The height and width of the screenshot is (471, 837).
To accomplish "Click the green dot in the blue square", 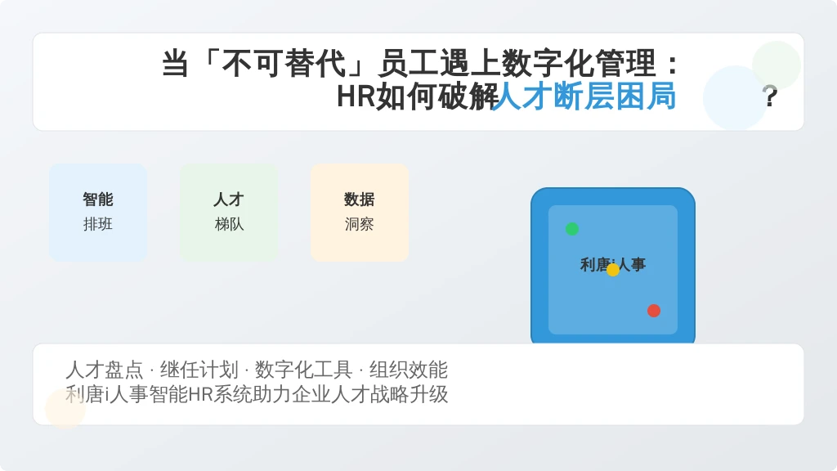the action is (571, 229).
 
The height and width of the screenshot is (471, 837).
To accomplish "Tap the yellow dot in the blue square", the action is (613, 270).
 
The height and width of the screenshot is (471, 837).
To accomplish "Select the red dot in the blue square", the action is (654, 311).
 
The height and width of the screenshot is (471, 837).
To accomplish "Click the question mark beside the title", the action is (770, 96).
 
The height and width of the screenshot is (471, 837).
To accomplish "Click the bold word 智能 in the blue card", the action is (98, 200).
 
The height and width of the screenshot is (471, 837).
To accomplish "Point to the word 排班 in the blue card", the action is (98, 224).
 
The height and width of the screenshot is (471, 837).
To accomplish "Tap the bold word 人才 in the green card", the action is (229, 200).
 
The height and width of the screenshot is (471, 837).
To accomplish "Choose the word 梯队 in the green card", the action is (229, 224).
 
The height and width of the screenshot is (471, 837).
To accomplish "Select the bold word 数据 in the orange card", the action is (360, 200).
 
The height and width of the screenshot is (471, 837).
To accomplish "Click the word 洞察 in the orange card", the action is (360, 224).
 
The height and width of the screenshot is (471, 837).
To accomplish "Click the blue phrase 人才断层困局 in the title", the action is (584, 96).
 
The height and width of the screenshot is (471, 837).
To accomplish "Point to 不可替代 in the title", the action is (284, 63).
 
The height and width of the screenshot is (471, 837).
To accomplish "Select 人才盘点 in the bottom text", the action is (105, 370).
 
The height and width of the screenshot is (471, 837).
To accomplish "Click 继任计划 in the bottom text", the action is (199, 370).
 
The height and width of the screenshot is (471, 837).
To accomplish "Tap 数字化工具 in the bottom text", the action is (303, 370).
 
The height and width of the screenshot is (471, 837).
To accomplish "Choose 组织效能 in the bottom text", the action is (409, 370).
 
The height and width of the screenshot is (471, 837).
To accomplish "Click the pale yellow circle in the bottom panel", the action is (65, 409).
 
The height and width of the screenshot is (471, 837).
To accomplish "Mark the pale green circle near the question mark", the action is (777, 65).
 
